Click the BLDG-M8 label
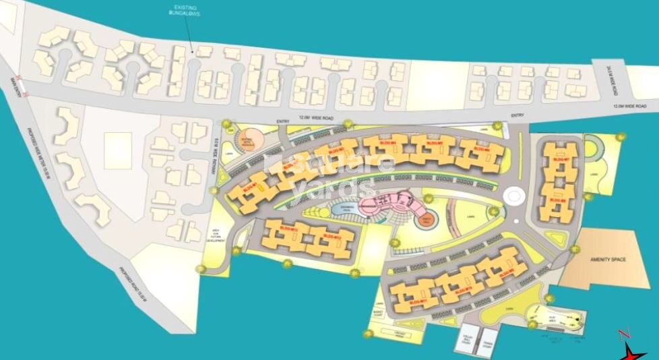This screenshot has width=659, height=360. click(557, 200)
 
